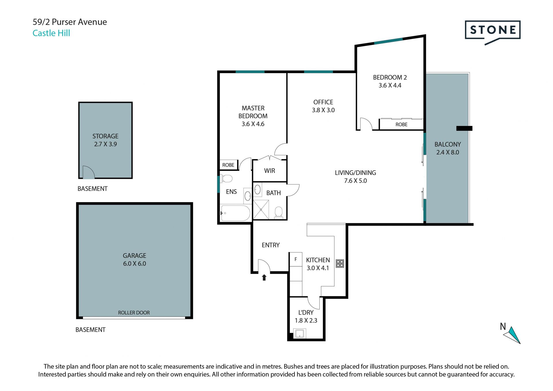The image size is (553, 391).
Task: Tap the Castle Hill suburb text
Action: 51,33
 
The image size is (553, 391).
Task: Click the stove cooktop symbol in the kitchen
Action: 340,263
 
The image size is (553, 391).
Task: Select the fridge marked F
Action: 296,259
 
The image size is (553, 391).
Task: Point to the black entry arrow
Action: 264,277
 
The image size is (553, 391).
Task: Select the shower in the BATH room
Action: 261,210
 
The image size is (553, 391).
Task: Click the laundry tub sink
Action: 300,334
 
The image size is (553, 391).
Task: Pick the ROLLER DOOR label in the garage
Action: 134,313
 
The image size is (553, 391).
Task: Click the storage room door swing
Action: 88,172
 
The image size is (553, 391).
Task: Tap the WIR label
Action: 270,171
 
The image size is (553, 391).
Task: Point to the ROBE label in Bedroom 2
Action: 402,124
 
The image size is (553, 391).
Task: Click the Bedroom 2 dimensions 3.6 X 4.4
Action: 390,85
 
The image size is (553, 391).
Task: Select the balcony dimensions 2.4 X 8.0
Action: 448,152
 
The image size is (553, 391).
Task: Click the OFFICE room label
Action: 323,102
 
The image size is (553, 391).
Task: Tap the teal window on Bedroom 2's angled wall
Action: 389,41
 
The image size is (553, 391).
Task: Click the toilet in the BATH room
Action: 279,212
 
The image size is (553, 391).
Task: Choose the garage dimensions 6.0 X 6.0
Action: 135,264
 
